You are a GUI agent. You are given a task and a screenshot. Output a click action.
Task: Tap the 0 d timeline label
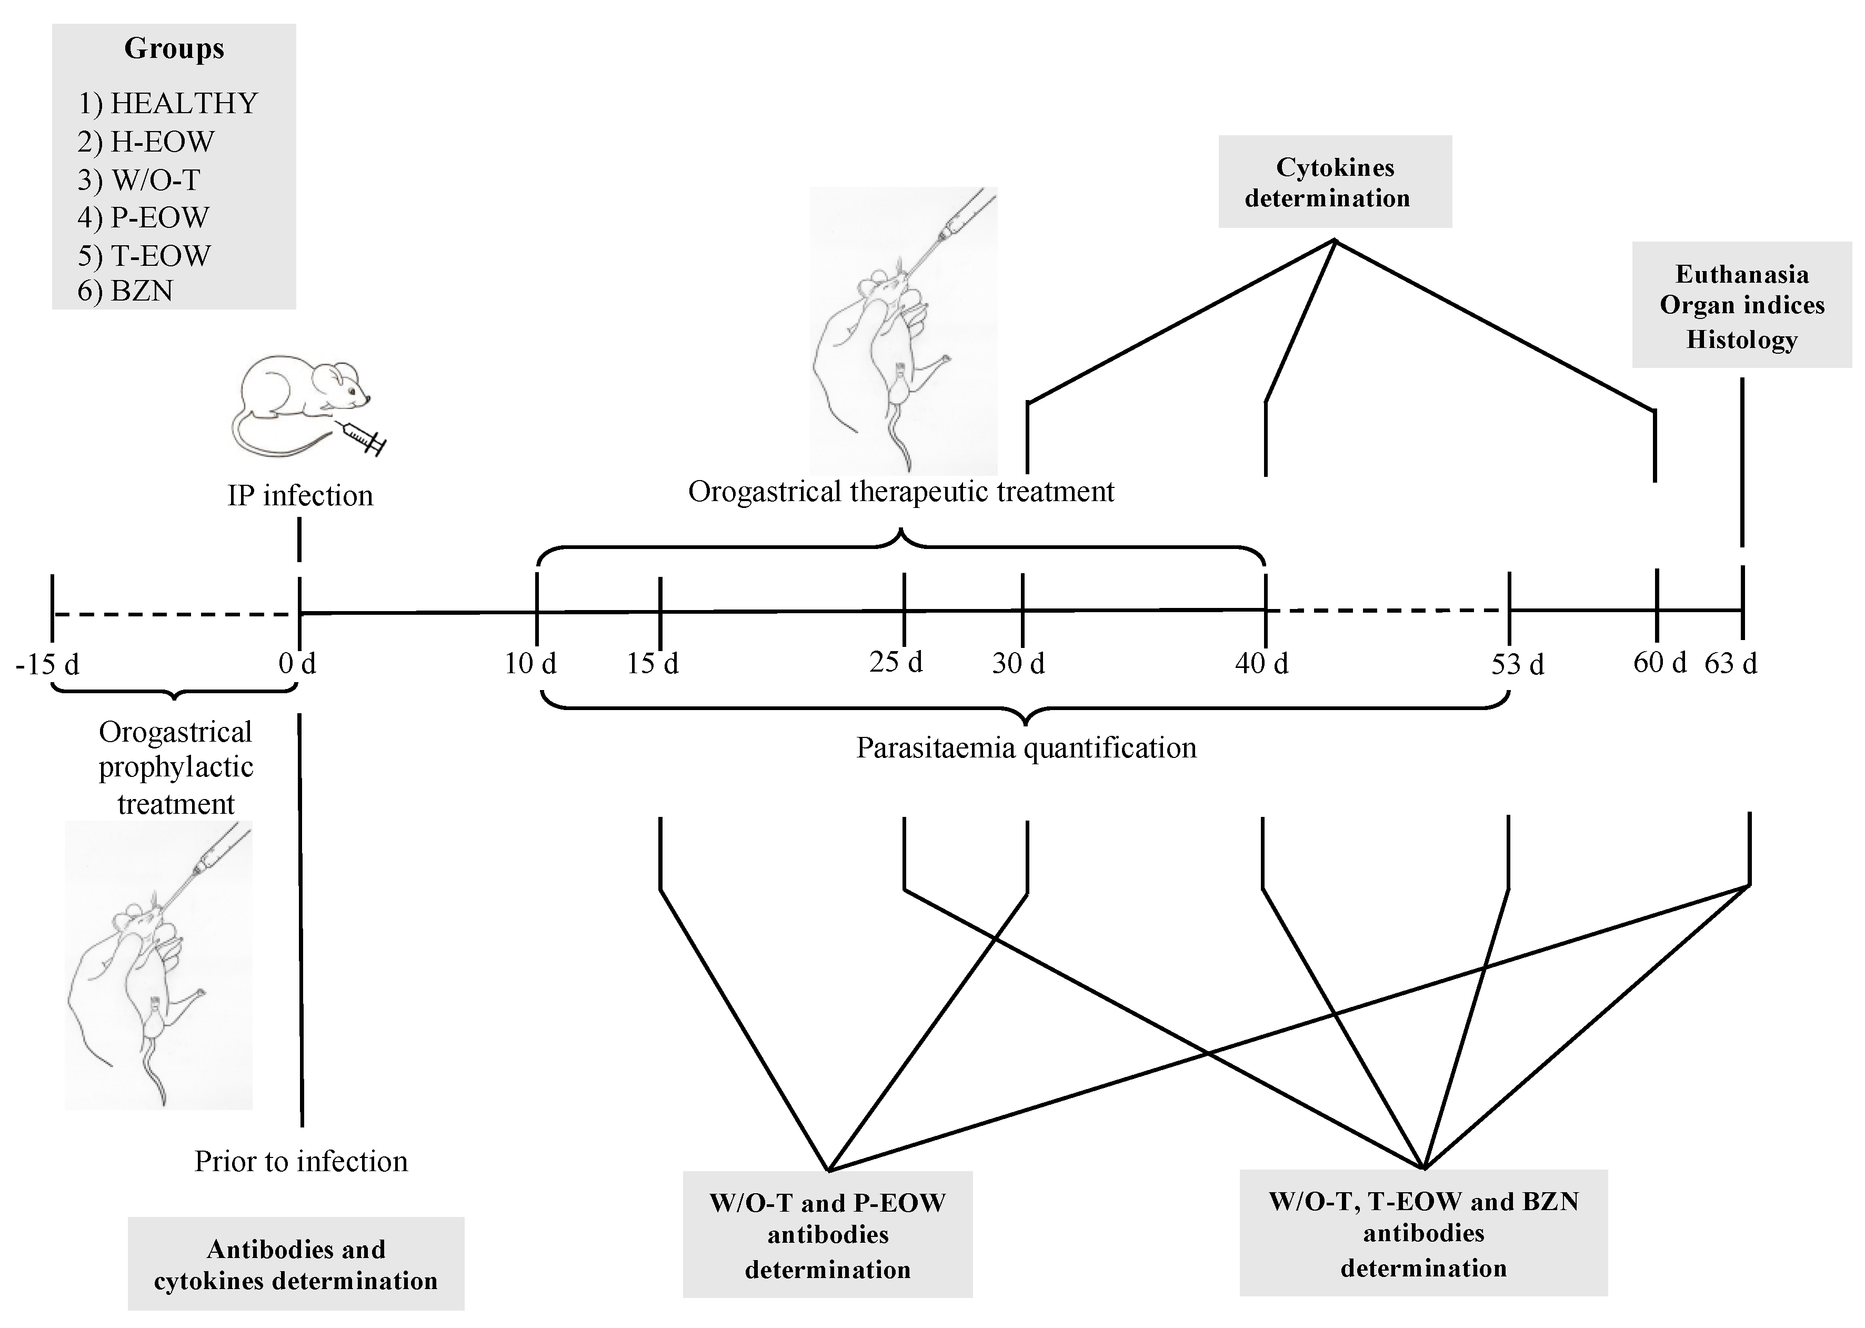[x=297, y=662]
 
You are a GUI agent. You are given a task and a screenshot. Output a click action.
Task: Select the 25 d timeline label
[x=896, y=662]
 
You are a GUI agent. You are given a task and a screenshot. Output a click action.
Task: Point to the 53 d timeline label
[x=1518, y=664]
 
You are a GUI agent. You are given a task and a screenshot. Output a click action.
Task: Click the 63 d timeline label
[x=1730, y=662]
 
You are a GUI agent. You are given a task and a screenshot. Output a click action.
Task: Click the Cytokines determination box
[x=1335, y=182]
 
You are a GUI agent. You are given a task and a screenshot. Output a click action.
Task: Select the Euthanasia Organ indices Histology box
[x=1741, y=305]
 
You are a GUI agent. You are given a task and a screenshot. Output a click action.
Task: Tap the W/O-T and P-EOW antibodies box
[x=827, y=1235]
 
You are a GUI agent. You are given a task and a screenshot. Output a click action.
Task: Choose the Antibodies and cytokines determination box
[x=295, y=1264]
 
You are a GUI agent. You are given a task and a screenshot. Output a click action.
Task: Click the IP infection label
[x=300, y=495]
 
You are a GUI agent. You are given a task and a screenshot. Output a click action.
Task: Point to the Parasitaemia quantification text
[x=1026, y=747]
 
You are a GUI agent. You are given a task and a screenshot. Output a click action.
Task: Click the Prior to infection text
[x=301, y=1161]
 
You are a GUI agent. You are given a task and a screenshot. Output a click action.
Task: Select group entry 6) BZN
[x=125, y=291]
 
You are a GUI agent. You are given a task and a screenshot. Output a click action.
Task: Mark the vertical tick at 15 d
[x=660, y=612]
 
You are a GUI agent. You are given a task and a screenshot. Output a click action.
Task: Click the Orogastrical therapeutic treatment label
[x=901, y=492]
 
